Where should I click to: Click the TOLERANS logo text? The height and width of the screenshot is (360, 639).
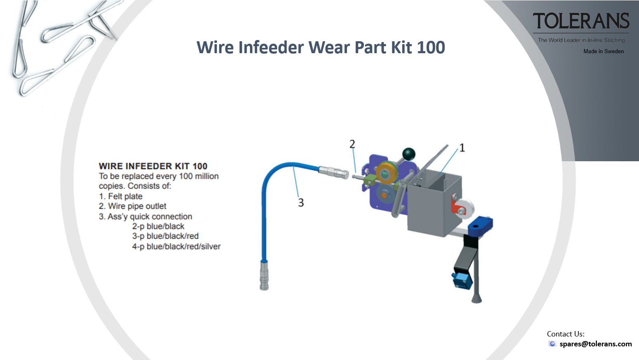point(581,21)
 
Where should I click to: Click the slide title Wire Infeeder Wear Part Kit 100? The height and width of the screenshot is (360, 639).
point(321,47)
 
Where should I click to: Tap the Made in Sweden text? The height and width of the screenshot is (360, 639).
point(603,51)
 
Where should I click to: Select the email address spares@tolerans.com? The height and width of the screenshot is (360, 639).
point(595,344)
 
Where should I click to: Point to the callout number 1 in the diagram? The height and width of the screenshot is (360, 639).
point(462,148)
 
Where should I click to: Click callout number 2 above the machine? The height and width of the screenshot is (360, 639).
point(352,144)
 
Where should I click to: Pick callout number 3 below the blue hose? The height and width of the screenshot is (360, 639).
point(301,202)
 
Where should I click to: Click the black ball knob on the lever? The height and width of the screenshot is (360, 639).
point(408,154)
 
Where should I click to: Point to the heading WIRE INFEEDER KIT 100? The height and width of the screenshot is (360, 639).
point(153,166)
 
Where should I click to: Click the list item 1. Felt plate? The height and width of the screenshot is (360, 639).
point(121,196)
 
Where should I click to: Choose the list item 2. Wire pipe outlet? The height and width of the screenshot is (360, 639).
point(132,206)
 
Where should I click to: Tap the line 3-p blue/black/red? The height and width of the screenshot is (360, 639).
point(165,236)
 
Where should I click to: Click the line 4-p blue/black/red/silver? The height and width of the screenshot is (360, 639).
point(176,246)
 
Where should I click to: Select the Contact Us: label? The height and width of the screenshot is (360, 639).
point(566,334)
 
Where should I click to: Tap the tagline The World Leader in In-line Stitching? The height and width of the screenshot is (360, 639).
point(581,40)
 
